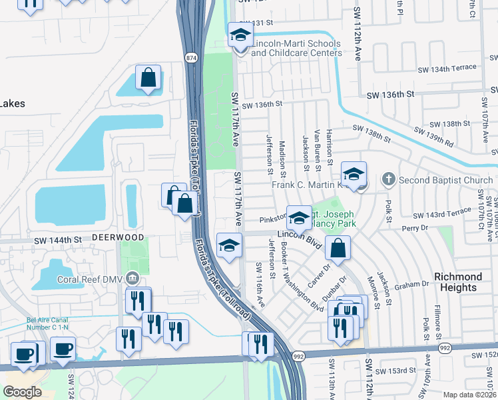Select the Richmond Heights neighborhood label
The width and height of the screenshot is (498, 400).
coord(458,282)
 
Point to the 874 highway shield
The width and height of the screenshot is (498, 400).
coord(191,58)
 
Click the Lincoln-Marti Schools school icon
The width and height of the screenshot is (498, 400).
coord(240,35)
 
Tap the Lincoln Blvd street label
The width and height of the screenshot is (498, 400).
coord(304,239)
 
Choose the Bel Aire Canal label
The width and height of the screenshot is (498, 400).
coord(52,323)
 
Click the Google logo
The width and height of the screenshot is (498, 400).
coord(22,391)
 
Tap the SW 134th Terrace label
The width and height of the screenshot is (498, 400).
coord(447,68)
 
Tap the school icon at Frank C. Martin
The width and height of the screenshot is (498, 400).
coord(354,174)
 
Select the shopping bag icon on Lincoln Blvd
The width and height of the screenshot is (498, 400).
coord(339,249)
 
